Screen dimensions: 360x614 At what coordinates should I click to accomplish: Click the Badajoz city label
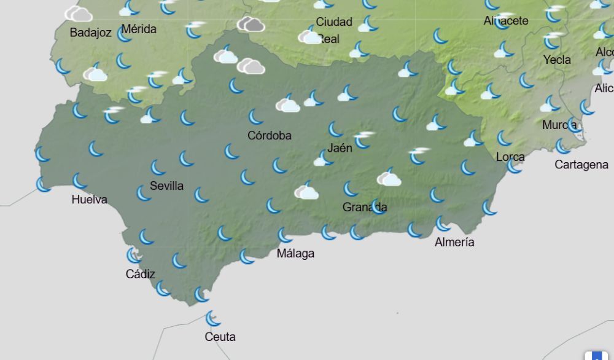tap(90, 33)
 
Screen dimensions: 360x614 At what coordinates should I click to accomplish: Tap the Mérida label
tap(139, 29)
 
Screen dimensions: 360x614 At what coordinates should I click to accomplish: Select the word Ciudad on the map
tap(334, 22)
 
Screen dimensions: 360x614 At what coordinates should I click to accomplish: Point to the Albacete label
tap(506, 21)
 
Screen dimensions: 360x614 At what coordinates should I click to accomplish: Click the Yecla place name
tap(557, 60)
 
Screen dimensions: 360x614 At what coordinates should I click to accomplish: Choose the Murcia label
tap(559, 125)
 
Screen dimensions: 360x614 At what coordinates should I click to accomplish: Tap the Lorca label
tap(510, 157)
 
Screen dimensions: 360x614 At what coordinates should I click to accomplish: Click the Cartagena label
tap(581, 165)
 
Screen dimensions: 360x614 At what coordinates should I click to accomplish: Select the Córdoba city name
tap(270, 135)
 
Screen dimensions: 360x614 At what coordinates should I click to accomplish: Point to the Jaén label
tap(340, 147)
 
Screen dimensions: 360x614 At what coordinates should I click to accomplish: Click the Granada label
tap(365, 207)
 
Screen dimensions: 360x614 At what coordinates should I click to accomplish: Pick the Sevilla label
tap(166, 186)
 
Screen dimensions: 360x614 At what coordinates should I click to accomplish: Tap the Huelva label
tap(89, 199)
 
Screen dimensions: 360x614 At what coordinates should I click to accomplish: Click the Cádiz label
tap(141, 274)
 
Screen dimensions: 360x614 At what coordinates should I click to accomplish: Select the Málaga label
tap(295, 253)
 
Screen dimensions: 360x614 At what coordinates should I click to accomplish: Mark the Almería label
tap(454, 242)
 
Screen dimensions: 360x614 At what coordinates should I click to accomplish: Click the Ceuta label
tap(220, 337)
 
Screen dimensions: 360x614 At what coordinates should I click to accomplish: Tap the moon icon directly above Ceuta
tap(213, 318)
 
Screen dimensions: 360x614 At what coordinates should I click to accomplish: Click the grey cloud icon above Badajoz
tap(79, 14)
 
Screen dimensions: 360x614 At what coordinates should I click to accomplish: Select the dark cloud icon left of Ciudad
tap(251, 25)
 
